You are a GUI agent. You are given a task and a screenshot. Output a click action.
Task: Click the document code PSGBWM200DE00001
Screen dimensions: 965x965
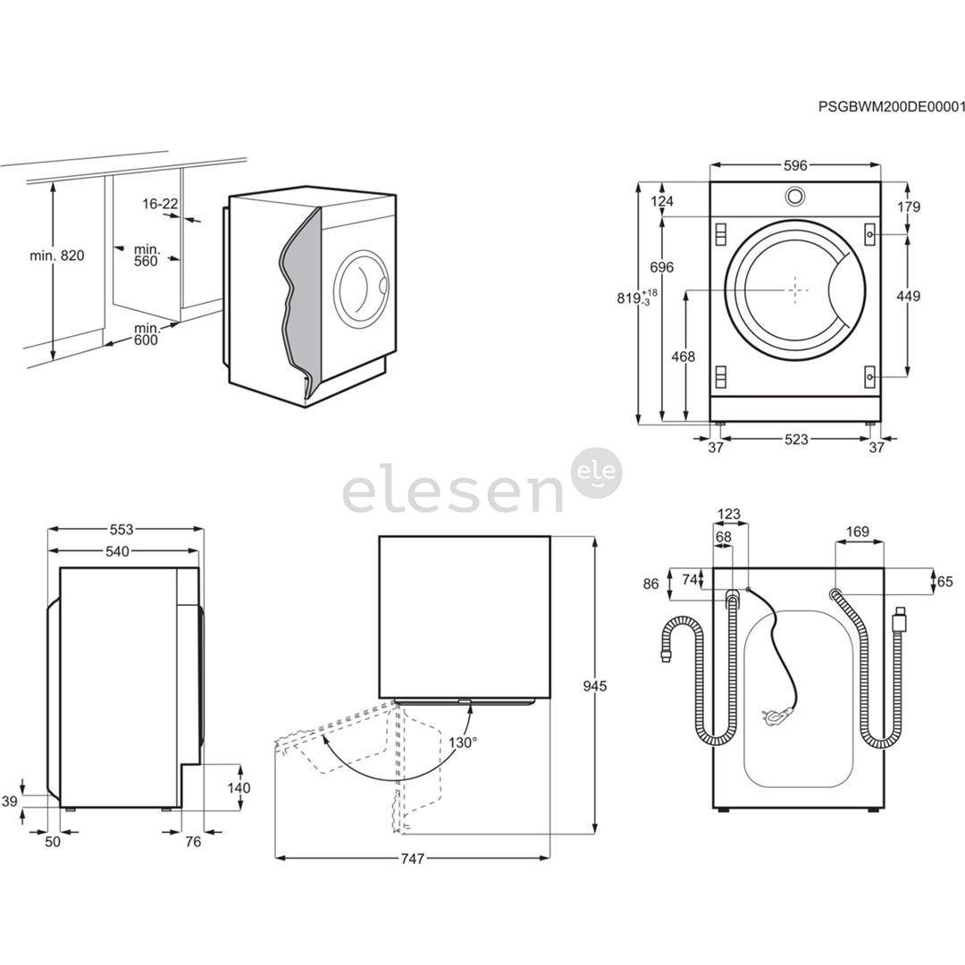[x=892, y=106]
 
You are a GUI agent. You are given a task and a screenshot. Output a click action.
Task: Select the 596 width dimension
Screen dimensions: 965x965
[x=795, y=165]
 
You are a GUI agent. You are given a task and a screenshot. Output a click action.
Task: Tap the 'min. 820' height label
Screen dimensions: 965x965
[x=56, y=256]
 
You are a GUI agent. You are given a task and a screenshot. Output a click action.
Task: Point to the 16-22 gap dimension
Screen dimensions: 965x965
[x=160, y=204]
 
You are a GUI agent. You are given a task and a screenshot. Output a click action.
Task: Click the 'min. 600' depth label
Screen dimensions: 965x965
[x=146, y=334]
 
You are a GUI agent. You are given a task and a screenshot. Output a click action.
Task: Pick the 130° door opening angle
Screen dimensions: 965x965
[x=462, y=742]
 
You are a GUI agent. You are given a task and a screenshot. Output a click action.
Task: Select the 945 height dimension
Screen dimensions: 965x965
[x=595, y=686]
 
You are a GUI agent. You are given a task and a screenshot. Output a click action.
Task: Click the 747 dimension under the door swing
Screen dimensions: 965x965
[x=412, y=859]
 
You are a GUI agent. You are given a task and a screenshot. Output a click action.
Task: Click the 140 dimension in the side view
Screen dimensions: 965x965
[x=239, y=788]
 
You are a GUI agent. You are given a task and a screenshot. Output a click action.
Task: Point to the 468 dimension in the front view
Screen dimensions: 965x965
[x=683, y=357]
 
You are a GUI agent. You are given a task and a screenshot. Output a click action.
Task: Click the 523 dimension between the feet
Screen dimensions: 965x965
[x=796, y=439]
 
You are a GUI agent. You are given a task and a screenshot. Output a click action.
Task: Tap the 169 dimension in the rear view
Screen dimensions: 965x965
[x=858, y=533]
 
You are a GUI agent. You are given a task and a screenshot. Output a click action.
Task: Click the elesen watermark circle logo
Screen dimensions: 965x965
[x=596, y=473]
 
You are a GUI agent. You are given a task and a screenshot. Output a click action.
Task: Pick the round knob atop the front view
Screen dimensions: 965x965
[x=794, y=196]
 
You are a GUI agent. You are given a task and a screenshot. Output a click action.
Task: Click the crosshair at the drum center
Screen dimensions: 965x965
[x=795, y=289]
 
